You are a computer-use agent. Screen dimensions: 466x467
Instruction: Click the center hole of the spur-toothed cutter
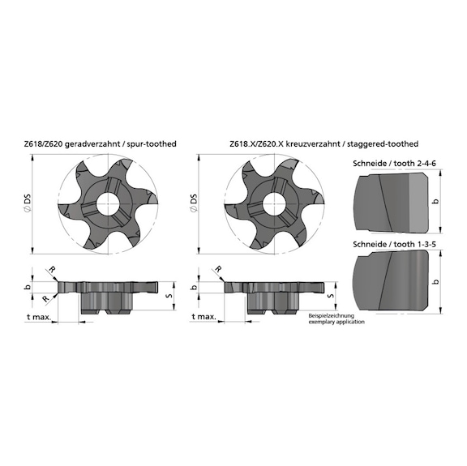pyautogui.click(x=105, y=203)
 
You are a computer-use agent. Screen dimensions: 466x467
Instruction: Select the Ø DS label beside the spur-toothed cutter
pyautogui.click(x=27, y=203)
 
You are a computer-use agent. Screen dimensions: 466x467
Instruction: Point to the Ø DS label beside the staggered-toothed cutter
pyautogui.click(x=191, y=203)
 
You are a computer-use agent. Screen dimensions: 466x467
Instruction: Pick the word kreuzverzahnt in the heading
pyautogui.click(x=302, y=143)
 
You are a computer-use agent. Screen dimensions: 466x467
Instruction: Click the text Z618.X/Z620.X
pyautogui.click(x=253, y=143)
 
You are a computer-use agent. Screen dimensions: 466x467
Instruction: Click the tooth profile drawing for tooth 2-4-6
pyautogui.click(x=389, y=203)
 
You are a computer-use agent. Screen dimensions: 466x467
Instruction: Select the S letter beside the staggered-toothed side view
pyautogui.click(x=332, y=296)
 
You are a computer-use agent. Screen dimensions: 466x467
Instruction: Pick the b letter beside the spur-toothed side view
pyautogui.click(x=28, y=287)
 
